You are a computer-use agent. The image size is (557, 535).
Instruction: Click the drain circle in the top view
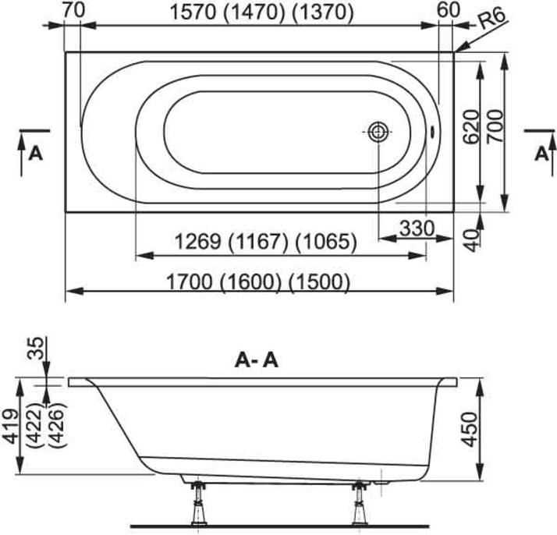[x=378, y=132]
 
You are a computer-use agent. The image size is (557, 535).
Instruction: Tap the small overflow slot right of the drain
[x=432, y=132]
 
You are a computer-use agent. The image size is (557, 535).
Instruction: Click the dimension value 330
[x=417, y=229]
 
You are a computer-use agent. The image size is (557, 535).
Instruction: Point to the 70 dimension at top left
[x=74, y=10]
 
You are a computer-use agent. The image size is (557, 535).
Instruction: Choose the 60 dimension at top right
[x=449, y=11]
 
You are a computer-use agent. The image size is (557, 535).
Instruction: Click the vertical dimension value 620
[x=472, y=126]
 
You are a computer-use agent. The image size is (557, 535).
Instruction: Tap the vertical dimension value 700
[x=495, y=126]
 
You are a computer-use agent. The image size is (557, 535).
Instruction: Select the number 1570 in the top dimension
[x=193, y=12]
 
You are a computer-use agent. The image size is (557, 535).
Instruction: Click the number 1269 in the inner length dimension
[x=198, y=242]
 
